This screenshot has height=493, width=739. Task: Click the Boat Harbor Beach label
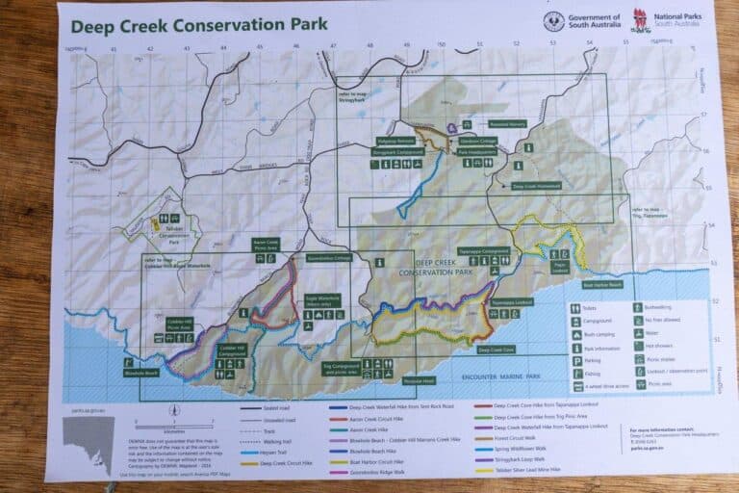click(602, 285)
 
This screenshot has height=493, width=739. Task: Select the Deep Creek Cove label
click(497, 350)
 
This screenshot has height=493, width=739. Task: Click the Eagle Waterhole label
click(323, 300)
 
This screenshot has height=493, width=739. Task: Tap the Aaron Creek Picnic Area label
click(266, 244)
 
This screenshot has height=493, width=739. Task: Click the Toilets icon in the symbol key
click(573, 309)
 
